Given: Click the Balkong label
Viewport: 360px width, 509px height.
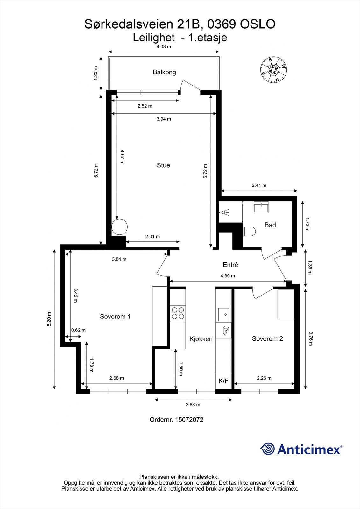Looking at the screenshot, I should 164,72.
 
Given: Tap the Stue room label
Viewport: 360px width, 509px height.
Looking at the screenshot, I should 163,165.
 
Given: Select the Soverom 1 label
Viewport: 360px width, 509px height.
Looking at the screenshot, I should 115,317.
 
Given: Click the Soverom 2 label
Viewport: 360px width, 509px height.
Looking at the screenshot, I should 267,339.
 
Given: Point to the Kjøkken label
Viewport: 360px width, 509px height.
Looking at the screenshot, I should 201,339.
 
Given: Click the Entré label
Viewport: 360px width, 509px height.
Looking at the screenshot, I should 230,265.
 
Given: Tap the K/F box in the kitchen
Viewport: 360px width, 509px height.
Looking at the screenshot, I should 223,381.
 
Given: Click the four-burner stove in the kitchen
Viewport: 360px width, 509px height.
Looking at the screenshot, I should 178,313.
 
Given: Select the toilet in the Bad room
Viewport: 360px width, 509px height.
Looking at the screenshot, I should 249,231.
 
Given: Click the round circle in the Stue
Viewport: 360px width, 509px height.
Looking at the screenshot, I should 120,227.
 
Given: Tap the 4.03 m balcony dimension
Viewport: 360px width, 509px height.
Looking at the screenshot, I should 164,47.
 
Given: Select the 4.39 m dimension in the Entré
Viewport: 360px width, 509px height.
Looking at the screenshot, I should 228,276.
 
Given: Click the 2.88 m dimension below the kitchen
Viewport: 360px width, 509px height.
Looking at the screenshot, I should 193,405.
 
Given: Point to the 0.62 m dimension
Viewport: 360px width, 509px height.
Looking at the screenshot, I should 78,330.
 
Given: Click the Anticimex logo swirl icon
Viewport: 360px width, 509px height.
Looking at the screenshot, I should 268,449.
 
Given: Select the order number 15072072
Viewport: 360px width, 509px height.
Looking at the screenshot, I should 176,420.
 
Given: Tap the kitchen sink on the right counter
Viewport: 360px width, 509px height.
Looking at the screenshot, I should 224,314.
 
